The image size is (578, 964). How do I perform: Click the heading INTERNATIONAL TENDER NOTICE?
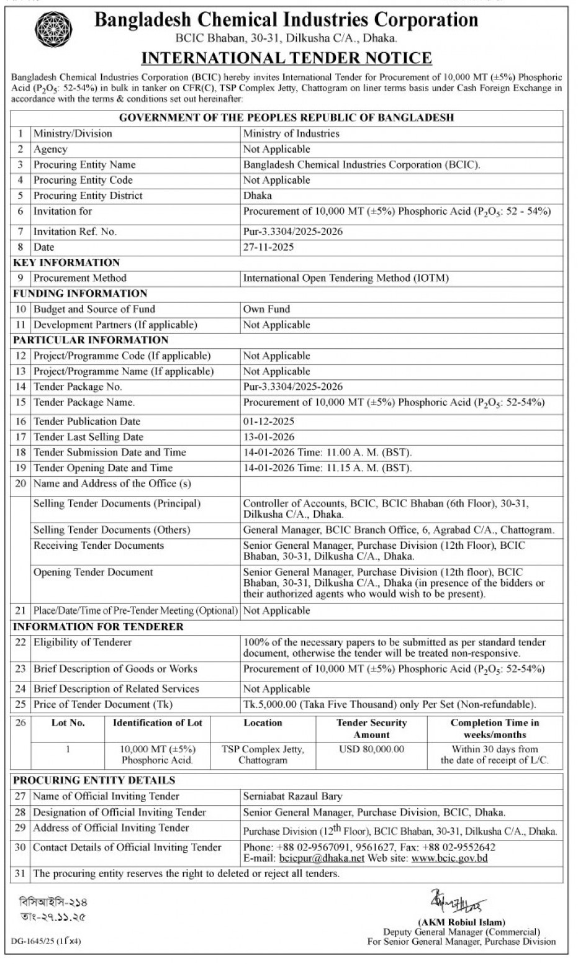click(x=286, y=58)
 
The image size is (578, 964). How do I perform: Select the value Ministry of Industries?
click(x=291, y=133)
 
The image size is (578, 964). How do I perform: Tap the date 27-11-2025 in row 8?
click(x=268, y=247)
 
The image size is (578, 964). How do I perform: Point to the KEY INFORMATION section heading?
click(x=66, y=263)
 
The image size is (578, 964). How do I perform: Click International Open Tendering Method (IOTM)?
click(x=346, y=278)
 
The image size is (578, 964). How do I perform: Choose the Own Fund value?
click(x=266, y=309)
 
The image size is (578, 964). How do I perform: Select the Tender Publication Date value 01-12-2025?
click(x=268, y=421)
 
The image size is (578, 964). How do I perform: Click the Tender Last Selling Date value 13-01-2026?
click(x=268, y=437)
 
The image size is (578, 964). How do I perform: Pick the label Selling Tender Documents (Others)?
click(x=112, y=530)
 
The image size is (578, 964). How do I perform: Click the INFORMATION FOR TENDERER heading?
click(x=98, y=627)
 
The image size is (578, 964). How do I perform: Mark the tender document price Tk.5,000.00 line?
click(x=389, y=705)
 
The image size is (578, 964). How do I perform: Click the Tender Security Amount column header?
click(x=371, y=729)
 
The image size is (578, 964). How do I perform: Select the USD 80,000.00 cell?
click(x=371, y=749)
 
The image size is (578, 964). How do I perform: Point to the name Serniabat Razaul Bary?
click(x=292, y=796)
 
